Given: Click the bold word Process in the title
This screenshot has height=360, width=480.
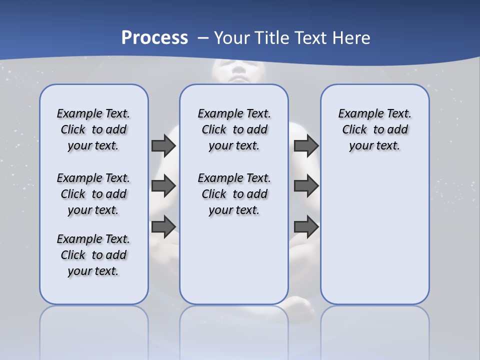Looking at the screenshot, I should coord(154,38).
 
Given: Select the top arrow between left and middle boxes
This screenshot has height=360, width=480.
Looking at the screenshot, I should coord(163,145).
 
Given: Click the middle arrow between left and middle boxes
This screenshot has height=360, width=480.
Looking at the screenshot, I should coord(163,186).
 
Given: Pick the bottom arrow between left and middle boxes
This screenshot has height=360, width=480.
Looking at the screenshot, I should coord(163,226).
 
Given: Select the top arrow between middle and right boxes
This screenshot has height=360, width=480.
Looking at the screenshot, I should coord(306,145).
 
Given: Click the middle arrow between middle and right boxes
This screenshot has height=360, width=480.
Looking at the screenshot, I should coord(306,186).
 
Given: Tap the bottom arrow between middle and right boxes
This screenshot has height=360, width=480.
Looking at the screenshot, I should coord(306,226).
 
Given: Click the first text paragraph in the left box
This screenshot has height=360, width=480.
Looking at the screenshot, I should coord(93,129).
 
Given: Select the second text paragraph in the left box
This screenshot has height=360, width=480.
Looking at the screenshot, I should coord(93,194).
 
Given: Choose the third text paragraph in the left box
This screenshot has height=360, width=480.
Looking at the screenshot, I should coord(93,255).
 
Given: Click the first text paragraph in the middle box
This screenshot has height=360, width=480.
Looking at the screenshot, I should coord(234,129).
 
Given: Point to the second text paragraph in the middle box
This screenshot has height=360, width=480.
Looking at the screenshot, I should coord(234,194).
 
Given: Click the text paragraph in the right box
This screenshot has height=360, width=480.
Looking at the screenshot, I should coord(374,129).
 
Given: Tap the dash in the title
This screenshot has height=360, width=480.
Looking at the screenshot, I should coord(202,38).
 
